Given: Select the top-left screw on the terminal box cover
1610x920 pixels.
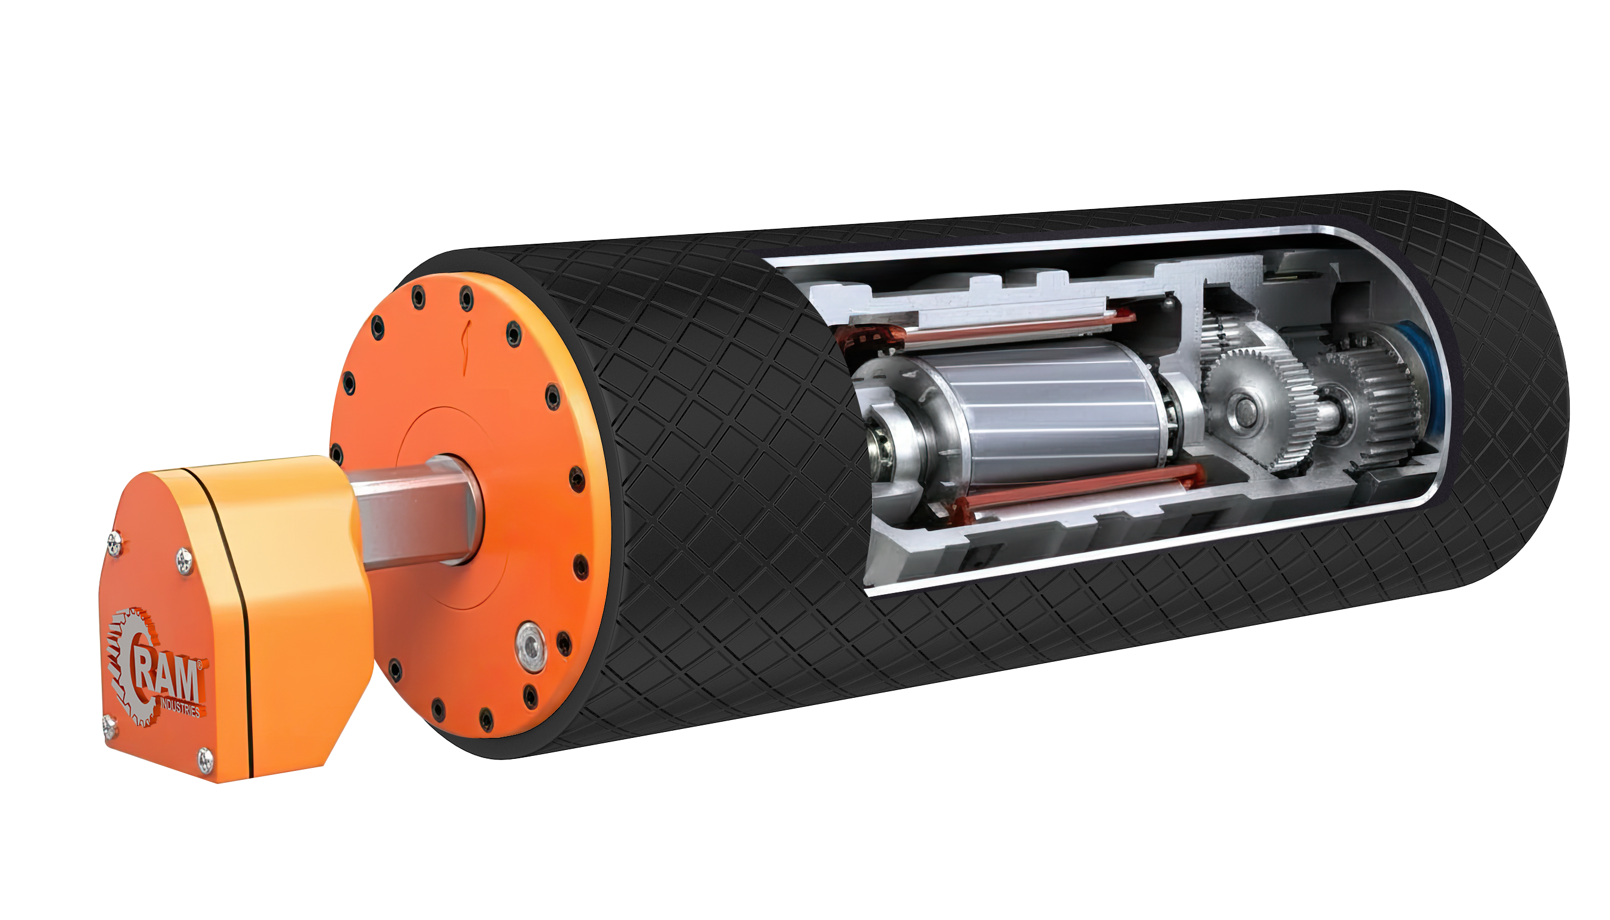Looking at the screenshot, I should (x=114, y=542).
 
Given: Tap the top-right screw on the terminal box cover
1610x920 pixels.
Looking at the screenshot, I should (x=184, y=560).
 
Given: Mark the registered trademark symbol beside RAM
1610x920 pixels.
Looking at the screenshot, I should (x=200, y=665).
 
